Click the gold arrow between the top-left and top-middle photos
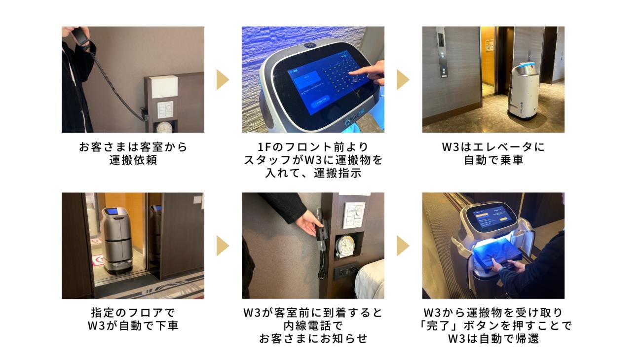point(223,79)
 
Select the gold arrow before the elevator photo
point(403,79)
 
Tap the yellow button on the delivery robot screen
point(503,219)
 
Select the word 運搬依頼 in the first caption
point(133,160)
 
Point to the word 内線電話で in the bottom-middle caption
point(313,325)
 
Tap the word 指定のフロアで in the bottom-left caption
point(133,313)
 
